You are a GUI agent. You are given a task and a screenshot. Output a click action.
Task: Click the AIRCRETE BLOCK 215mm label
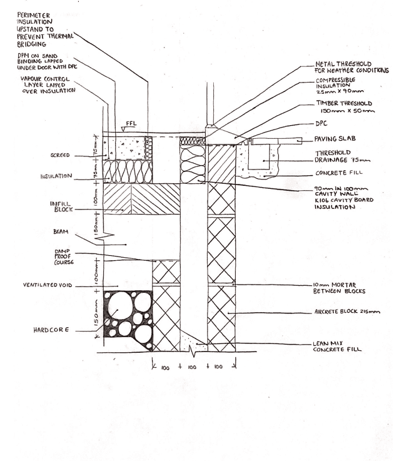(347, 311)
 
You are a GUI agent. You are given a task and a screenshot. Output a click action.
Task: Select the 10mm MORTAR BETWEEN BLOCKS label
(341, 288)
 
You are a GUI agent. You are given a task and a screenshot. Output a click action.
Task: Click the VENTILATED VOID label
(53, 285)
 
